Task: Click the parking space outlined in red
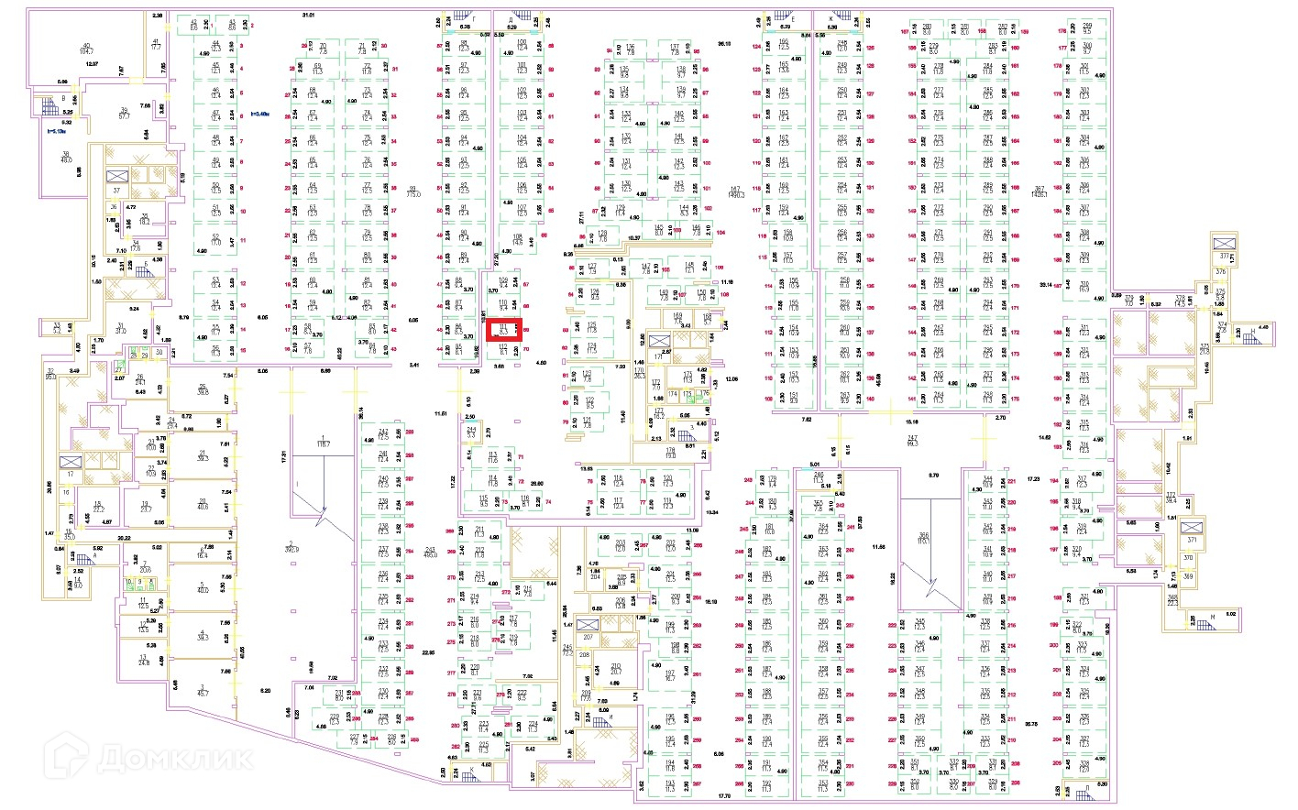(x=503, y=330)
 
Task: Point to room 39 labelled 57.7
(x=124, y=114)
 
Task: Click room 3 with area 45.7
(x=203, y=689)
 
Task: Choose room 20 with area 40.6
(x=203, y=503)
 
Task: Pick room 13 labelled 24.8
(x=143, y=660)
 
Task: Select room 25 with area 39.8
(x=203, y=390)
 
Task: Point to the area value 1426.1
(x=1039, y=192)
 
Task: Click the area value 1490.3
(x=735, y=192)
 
